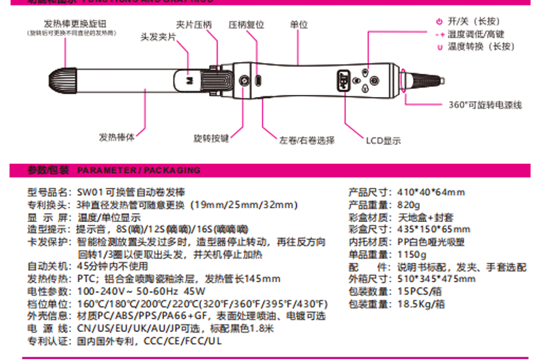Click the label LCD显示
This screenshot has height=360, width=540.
[x=383, y=140]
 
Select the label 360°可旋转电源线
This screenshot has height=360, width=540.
[x=485, y=105]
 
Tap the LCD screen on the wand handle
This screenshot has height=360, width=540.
[x=342, y=79]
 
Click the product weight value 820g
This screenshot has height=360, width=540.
[x=409, y=204]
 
